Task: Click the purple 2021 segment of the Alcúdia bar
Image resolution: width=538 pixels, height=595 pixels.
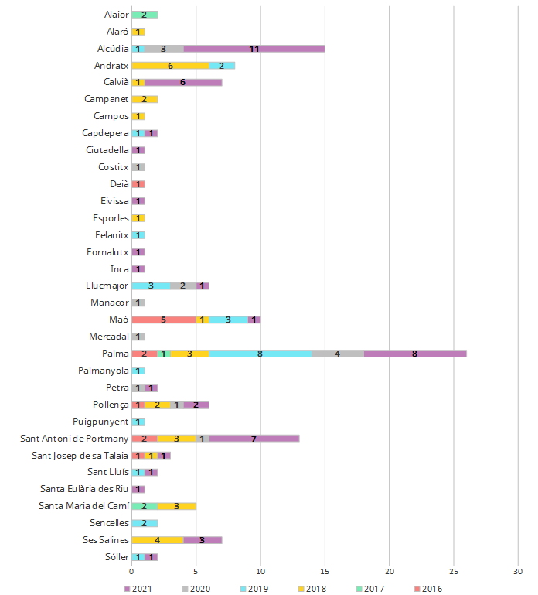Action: (254, 48)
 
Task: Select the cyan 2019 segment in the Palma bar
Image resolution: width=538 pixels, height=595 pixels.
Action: (260, 354)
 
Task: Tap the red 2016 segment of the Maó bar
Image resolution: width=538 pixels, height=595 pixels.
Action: (164, 320)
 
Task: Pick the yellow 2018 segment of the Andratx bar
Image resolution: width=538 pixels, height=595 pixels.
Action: (170, 65)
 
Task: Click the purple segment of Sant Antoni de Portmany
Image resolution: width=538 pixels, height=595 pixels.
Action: (254, 439)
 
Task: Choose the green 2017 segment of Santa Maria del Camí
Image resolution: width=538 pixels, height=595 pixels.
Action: (145, 506)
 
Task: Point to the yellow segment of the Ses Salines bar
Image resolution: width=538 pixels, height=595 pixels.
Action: (158, 540)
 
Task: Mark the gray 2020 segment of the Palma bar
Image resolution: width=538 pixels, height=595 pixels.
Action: (338, 354)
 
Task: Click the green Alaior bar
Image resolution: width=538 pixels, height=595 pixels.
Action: (145, 14)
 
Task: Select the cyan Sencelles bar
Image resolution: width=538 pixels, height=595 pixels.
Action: (145, 523)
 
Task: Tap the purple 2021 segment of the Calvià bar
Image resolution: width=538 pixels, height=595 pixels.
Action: (183, 82)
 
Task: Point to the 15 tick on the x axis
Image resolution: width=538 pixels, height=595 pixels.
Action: (325, 572)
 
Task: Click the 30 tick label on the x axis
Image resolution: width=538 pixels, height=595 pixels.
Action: (518, 572)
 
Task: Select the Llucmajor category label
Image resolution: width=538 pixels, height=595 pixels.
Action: (107, 286)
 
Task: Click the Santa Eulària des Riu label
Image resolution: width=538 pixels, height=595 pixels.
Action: (85, 489)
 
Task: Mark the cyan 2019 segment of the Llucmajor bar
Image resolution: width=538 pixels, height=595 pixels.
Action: (151, 286)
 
